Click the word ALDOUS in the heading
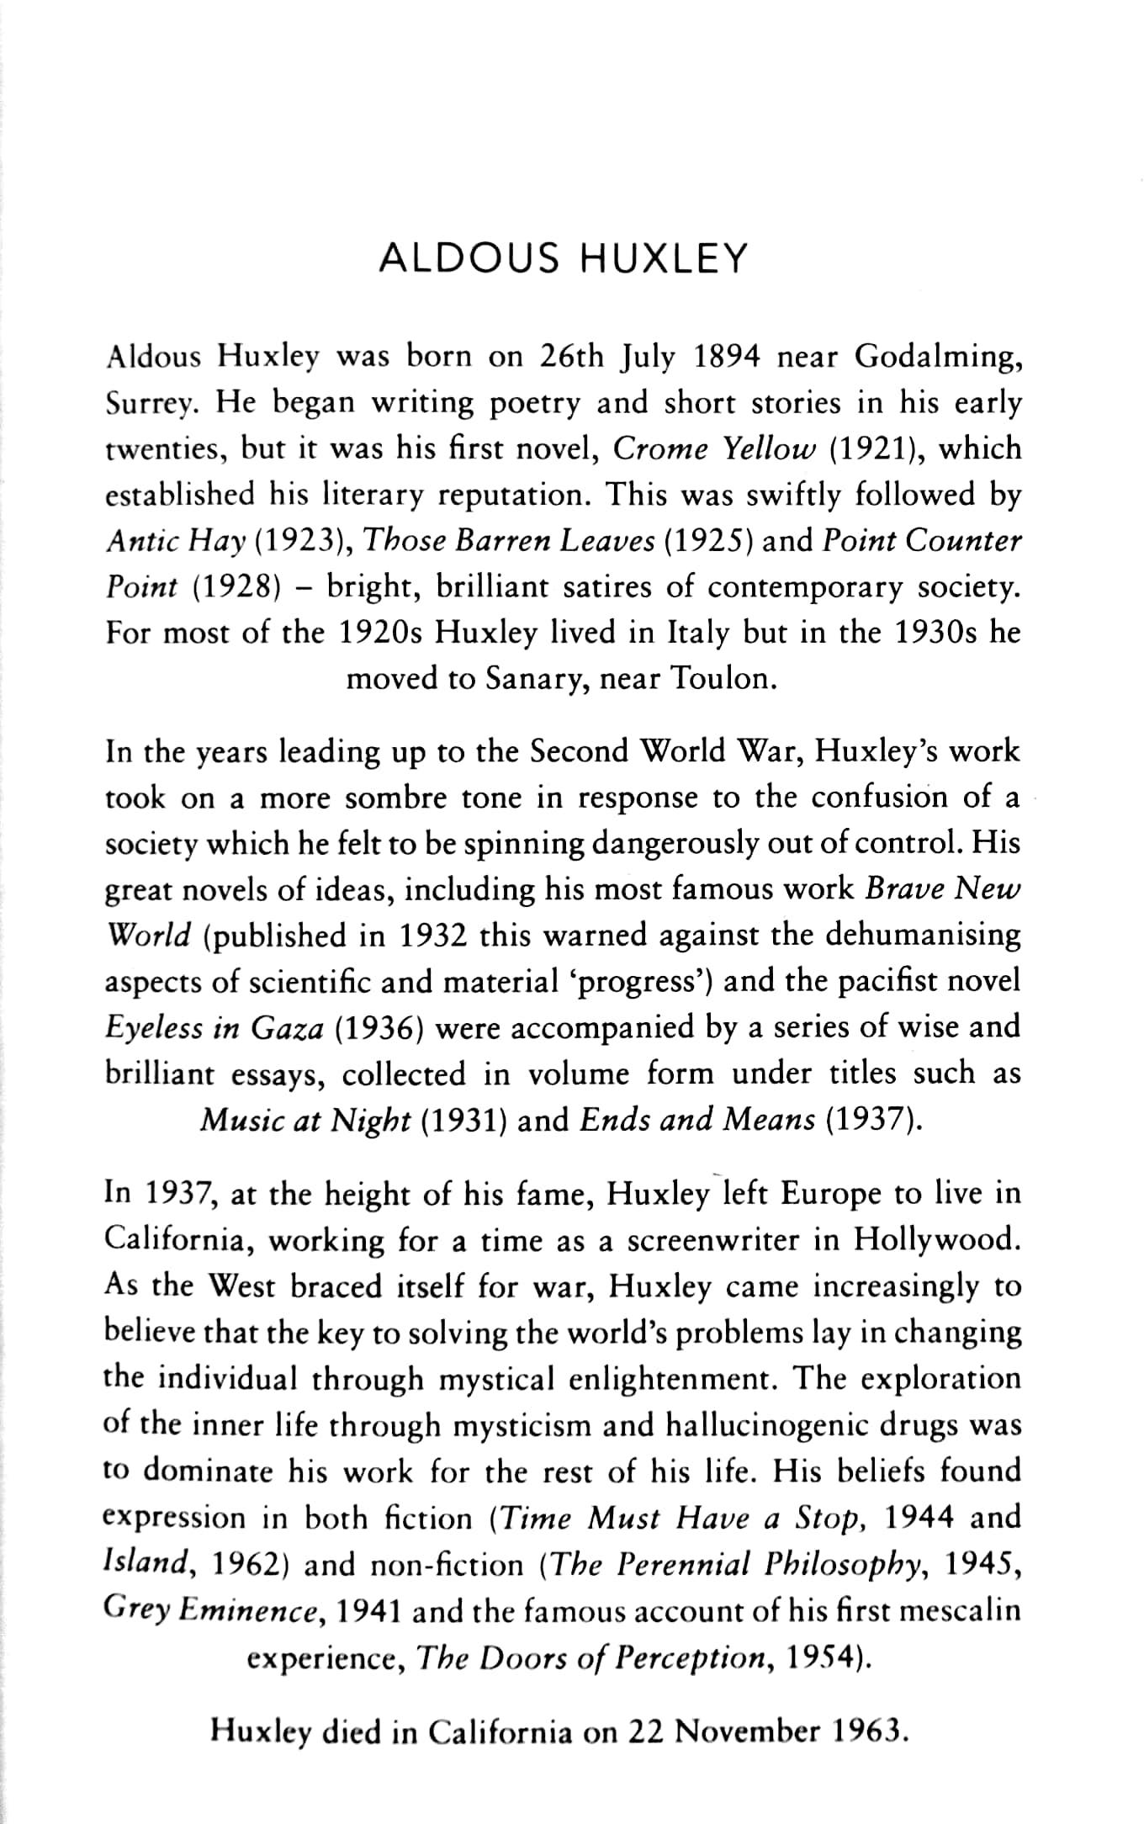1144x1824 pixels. (x=469, y=259)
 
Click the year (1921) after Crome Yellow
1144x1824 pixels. (x=878, y=449)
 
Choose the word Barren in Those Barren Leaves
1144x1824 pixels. (x=503, y=541)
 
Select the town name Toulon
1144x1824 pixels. (x=723, y=679)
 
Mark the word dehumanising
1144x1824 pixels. (x=923, y=936)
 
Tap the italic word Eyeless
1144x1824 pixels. (x=155, y=1028)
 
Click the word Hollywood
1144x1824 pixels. (x=937, y=1240)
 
